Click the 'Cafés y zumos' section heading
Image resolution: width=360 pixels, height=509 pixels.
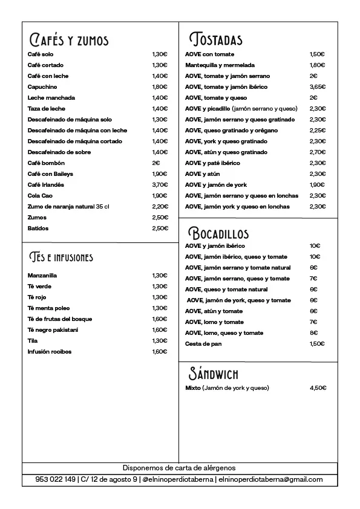(69, 41)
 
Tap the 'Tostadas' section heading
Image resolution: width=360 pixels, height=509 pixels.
(216, 40)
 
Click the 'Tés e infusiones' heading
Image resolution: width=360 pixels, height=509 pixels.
(61, 258)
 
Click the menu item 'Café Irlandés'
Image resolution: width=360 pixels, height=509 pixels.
(46, 185)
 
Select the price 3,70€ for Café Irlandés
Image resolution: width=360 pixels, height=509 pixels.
(160, 185)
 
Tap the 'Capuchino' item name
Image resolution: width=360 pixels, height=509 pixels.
(42, 87)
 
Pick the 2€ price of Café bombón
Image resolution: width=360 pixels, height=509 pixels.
(156, 163)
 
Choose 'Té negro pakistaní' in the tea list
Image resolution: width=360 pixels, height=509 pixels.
(53, 330)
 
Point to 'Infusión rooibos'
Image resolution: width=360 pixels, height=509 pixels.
(50, 352)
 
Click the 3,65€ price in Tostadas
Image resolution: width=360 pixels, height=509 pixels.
(318, 87)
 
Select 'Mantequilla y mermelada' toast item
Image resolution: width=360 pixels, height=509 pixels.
(220, 65)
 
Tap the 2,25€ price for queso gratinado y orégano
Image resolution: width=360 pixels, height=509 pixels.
(318, 131)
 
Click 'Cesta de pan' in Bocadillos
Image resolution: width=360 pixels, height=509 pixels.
(203, 344)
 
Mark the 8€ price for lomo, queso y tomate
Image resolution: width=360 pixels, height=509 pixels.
(314, 333)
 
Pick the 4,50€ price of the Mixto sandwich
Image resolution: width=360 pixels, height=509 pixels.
(318, 388)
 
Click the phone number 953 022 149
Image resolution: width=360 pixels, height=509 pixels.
(56, 479)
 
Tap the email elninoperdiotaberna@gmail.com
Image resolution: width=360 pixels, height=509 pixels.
(270, 479)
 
